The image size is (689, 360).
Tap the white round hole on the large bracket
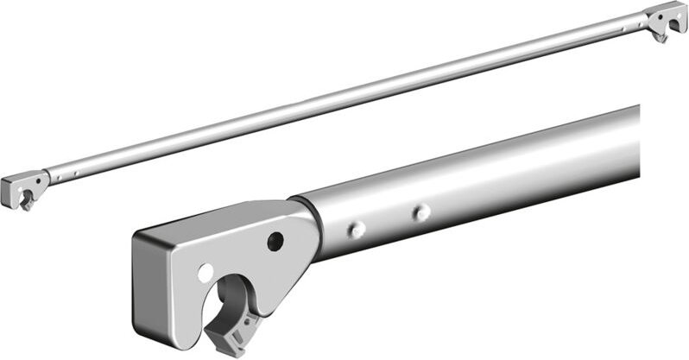[x=205, y=272]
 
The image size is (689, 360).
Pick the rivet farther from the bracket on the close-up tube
[x=420, y=212]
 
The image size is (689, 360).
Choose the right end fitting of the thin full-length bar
[x=665, y=17]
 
